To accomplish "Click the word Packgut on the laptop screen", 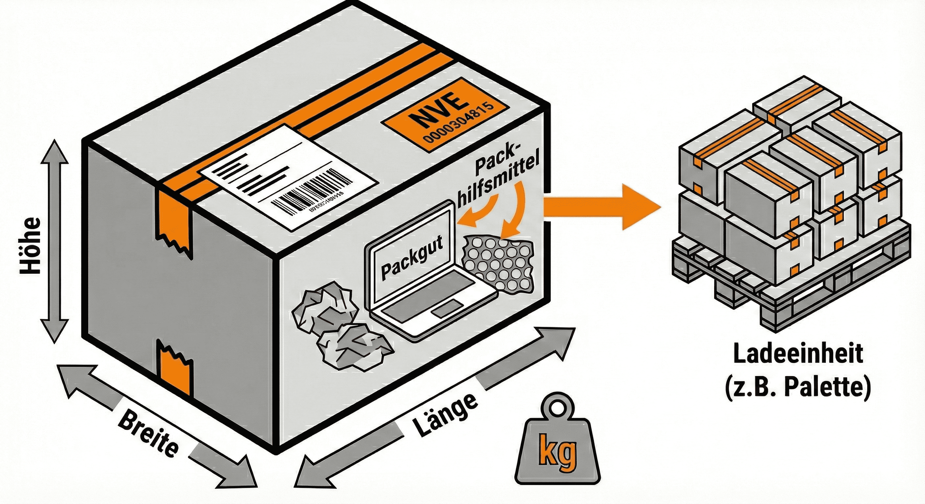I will (412, 255).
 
